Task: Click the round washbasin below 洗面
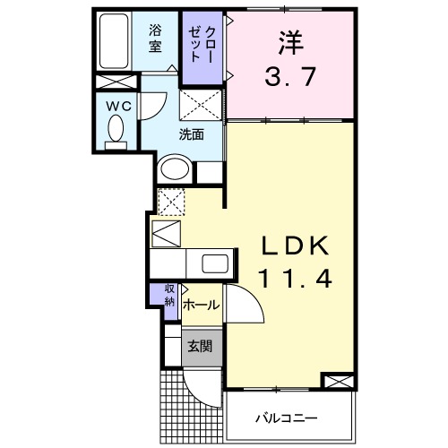174,168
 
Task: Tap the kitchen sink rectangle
216,263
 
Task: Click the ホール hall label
201,306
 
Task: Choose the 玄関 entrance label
200,346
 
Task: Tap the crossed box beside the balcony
337,383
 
